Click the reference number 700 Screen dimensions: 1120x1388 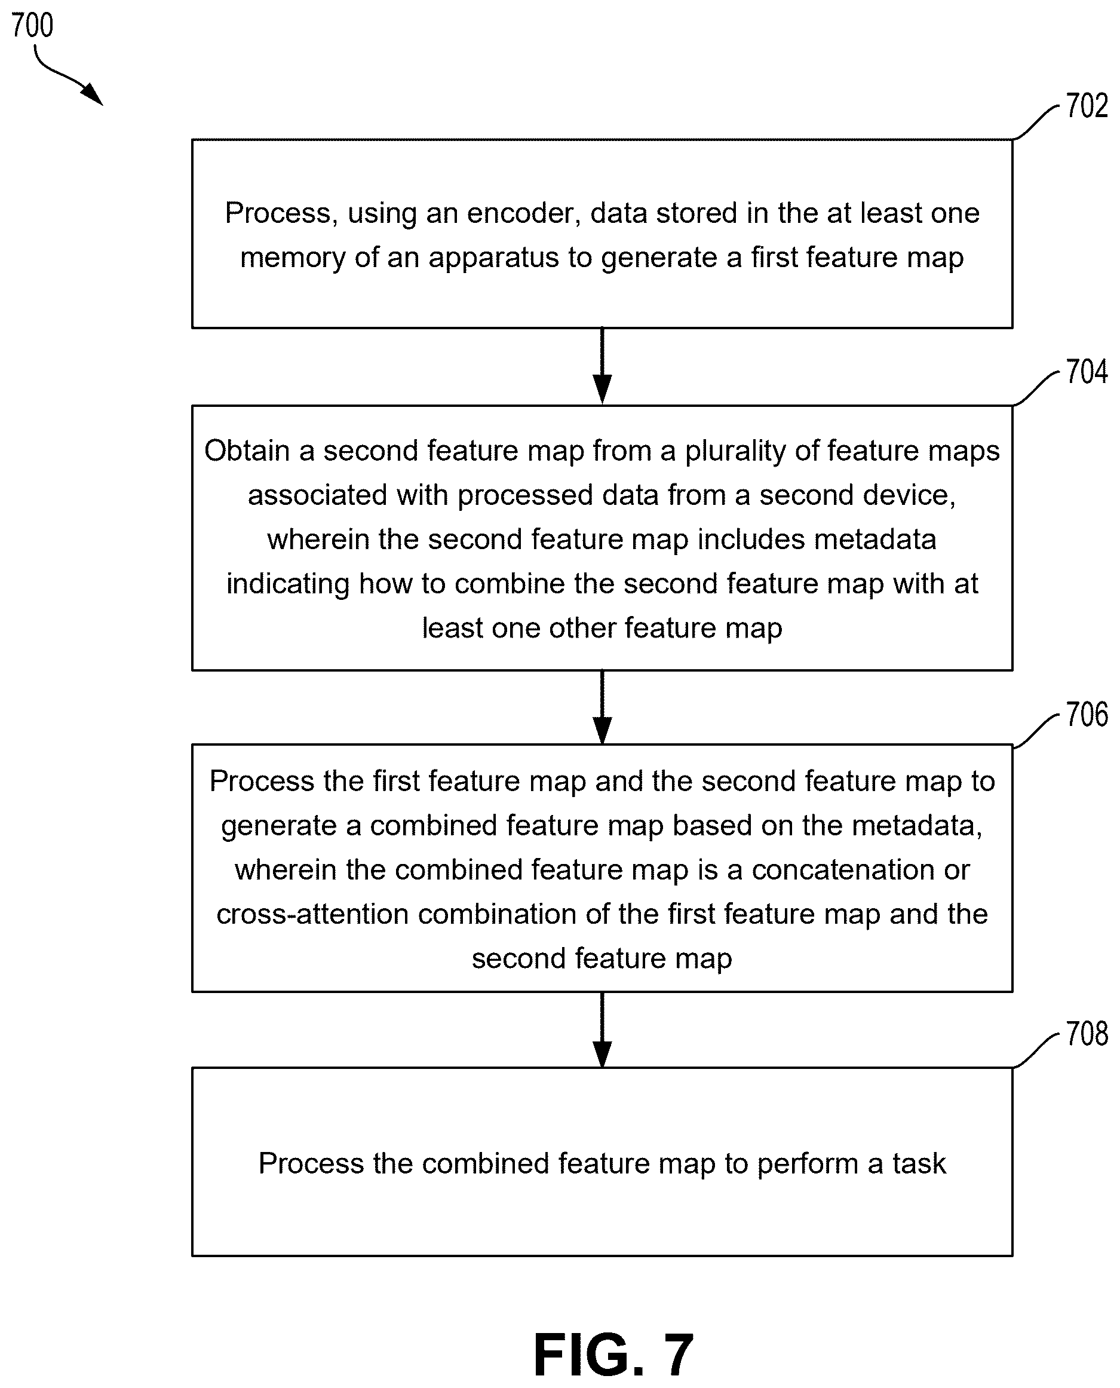click(x=32, y=26)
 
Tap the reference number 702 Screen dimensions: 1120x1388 click(x=1087, y=106)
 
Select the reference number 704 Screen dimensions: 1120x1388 click(x=1087, y=372)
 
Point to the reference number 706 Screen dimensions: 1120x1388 click(x=1087, y=715)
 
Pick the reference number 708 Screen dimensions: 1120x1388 click(x=1087, y=1034)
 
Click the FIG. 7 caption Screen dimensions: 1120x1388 click(x=613, y=1355)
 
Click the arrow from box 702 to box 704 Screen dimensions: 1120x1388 click(x=602, y=366)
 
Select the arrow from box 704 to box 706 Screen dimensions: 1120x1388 click(x=602, y=708)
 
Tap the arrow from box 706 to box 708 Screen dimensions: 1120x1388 click(x=602, y=1030)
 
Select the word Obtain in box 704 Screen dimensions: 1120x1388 click(x=247, y=451)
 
